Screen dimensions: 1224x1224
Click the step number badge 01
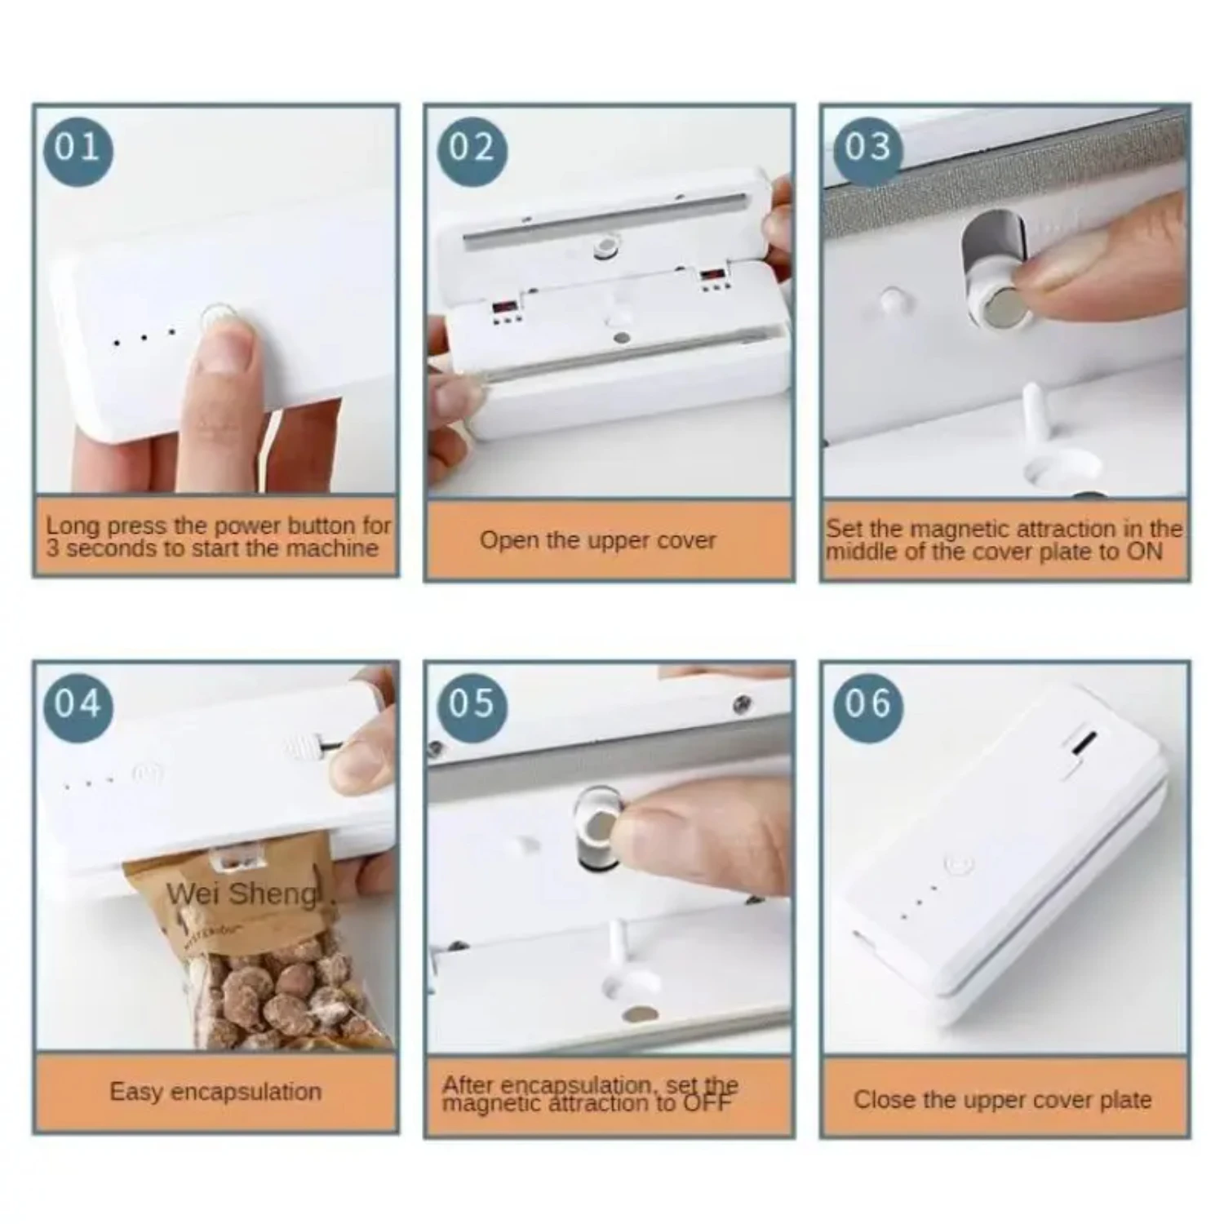pyautogui.click(x=78, y=149)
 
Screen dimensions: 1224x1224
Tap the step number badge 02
pyautogui.click(x=472, y=149)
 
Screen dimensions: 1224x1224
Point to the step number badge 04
pyautogui.click(x=78, y=704)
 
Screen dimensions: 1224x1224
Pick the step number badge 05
pyautogui.click(x=472, y=704)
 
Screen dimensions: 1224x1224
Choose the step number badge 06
pyautogui.click(x=867, y=704)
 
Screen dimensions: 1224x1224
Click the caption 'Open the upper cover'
pyautogui.click(x=597, y=540)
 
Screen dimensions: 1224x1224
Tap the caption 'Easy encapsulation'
pyautogui.click(x=215, y=1092)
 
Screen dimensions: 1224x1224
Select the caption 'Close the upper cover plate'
pyautogui.click(x=1002, y=1100)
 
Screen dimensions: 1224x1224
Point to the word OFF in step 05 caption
pyautogui.click(x=707, y=1103)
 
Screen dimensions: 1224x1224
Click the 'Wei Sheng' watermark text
pyautogui.click(x=242, y=894)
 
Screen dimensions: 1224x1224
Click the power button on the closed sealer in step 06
pyautogui.click(x=957, y=865)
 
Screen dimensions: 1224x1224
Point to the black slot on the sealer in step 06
pyautogui.click(x=1084, y=743)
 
